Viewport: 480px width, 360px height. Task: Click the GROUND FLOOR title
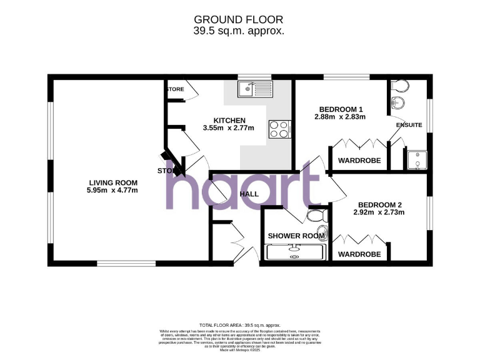point(239,20)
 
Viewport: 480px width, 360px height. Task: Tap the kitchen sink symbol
point(254,89)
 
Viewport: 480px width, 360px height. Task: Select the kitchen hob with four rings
point(279,129)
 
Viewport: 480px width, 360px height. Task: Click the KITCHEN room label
point(229,120)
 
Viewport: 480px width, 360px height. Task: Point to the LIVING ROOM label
point(112,182)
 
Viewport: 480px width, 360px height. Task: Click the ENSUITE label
point(409,125)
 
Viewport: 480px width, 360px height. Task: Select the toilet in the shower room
point(317,216)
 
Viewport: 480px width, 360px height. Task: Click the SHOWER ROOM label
point(292,236)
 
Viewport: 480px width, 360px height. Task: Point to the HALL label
point(249,194)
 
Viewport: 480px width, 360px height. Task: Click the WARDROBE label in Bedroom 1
point(359,161)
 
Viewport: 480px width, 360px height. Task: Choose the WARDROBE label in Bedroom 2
point(359,254)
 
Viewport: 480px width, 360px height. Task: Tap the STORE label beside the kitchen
point(176,89)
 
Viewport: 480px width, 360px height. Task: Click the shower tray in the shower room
point(296,252)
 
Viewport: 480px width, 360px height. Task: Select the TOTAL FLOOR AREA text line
point(240,326)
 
